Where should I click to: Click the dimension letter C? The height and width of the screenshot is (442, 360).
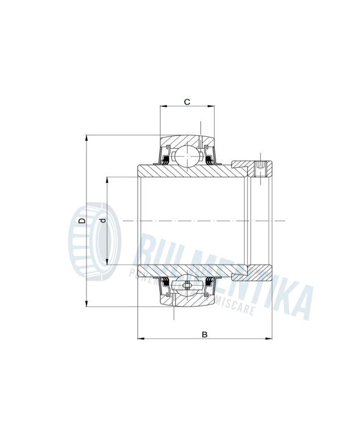click(187, 102)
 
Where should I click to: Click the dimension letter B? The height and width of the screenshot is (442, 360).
click(204, 334)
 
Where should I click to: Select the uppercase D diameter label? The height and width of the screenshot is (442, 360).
click(82, 220)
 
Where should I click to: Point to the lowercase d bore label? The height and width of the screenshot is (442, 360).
click(102, 220)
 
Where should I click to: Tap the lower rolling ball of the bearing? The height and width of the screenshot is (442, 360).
click(187, 286)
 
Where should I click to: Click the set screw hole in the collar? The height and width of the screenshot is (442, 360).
click(260, 169)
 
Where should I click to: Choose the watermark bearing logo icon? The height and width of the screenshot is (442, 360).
click(93, 243)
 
